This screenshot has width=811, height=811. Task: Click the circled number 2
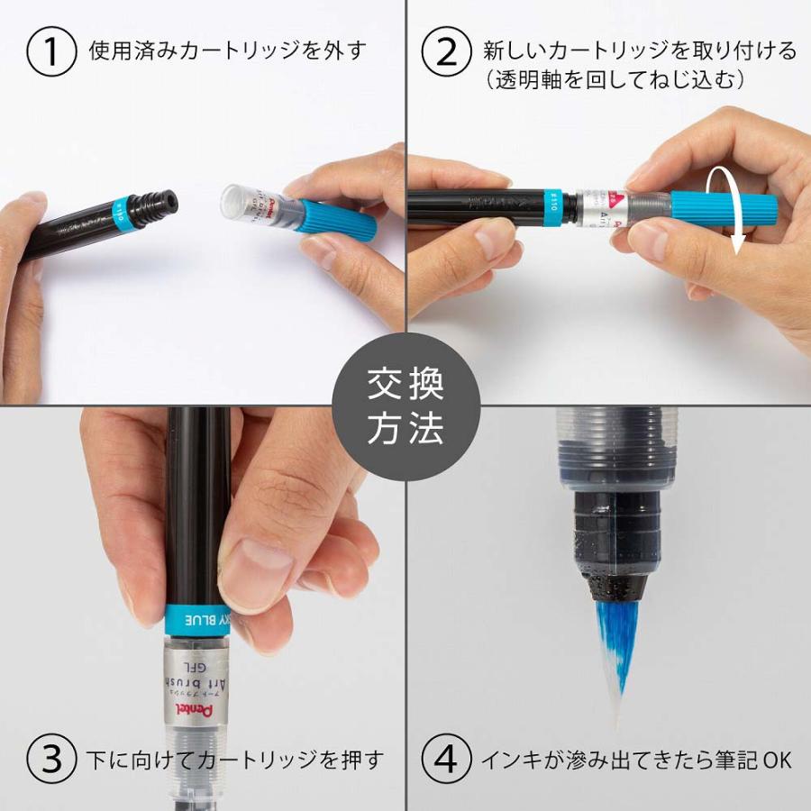click(448, 51)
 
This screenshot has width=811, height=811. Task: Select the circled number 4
click(448, 760)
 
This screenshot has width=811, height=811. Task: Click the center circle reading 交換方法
click(405, 406)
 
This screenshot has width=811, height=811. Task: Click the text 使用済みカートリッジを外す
click(228, 50)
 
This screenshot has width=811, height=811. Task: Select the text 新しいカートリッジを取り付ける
click(640, 50)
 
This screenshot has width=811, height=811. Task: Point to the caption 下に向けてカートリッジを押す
click(237, 760)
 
